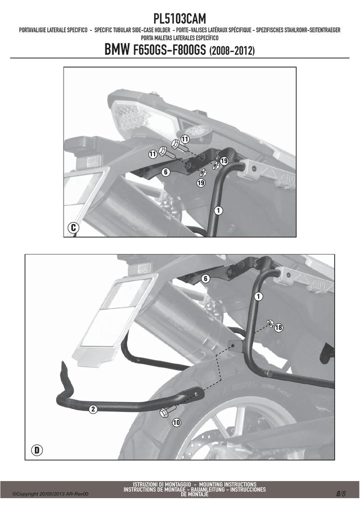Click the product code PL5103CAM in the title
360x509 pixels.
pyautogui.click(x=180, y=19)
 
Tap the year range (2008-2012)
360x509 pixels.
pyautogui.click(x=232, y=51)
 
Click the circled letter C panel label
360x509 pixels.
pyautogui.click(x=74, y=228)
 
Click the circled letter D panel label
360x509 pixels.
pyautogui.click(x=37, y=450)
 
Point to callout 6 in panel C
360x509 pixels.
pyautogui.click(x=166, y=171)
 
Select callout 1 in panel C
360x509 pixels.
pyautogui.click(x=218, y=210)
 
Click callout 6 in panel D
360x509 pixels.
pyautogui.click(x=205, y=278)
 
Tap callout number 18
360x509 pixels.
pyautogui.click(x=278, y=328)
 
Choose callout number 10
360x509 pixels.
pyautogui.click(x=176, y=423)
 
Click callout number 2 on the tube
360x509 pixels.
pyautogui.click(x=93, y=409)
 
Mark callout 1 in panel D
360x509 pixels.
pyautogui.click(x=259, y=296)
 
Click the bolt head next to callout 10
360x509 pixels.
pyautogui.click(x=164, y=413)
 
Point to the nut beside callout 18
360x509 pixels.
pyautogui.click(x=270, y=323)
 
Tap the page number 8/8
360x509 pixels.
pyautogui.click(x=341, y=494)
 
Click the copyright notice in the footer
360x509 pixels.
pyautogui.click(x=50, y=494)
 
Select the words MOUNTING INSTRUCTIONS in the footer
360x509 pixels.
pyautogui.click(x=228, y=484)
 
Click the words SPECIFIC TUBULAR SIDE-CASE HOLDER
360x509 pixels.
pyautogui.click(x=132, y=30)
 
